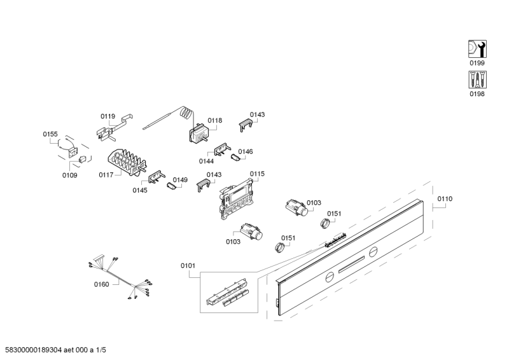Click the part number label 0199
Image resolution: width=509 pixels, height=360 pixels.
tap(477, 64)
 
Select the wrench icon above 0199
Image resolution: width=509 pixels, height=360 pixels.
tap(477, 49)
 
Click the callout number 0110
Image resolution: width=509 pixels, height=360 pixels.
tap(445, 199)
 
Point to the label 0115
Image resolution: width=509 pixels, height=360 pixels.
tap(257, 174)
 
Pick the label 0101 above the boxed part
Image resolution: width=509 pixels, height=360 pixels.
tap(188, 265)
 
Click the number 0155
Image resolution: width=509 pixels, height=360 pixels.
tap(50, 134)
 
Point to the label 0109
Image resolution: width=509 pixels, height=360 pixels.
tap(69, 175)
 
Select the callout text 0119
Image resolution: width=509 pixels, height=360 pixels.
tap(108, 116)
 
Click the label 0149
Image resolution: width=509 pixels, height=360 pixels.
tap(180, 180)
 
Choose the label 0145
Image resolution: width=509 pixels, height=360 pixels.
tap(140, 190)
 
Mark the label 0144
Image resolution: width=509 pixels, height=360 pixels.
tap(206, 162)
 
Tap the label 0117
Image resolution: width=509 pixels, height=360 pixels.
tap(106, 174)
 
